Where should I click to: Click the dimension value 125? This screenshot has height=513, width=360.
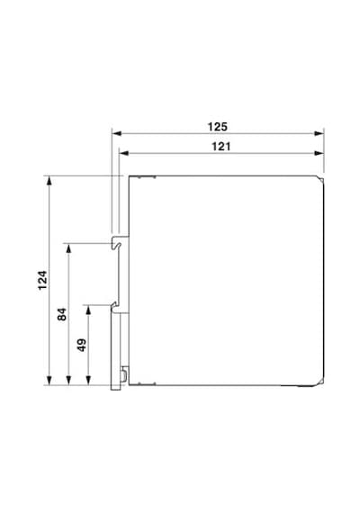[x=217, y=127]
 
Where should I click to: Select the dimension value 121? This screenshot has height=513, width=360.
[x=220, y=146]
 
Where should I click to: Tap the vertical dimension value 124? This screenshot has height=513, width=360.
[x=42, y=280]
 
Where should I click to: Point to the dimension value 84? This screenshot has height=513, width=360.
[x=62, y=314]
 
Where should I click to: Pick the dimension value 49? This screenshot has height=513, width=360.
[x=82, y=345]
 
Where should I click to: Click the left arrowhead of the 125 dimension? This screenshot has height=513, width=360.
[x=117, y=133]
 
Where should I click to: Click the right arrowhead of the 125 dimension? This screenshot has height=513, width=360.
[x=319, y=133]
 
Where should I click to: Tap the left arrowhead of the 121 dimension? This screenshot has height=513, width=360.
[x=124, y=153]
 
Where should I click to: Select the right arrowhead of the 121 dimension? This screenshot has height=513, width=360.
[x=319, y=153]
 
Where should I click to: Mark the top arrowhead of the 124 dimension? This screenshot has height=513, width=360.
[x=49, y=181]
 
